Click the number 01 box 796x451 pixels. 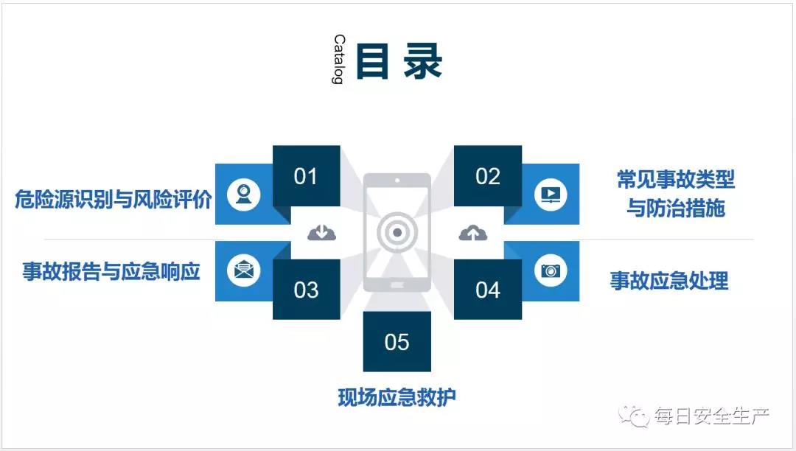click(306, 176)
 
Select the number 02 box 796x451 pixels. click(488, 176)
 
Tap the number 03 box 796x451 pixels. click(306, 289)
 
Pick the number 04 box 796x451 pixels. click(488, 289)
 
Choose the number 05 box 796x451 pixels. click(397, 341)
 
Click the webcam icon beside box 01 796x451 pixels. click(244, 195)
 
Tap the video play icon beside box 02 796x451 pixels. click(551, 195)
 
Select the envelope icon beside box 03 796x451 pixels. click(244, 270)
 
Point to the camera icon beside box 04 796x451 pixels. click(551, 270)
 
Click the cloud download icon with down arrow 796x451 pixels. click(322, 232)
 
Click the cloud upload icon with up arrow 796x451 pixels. click(472, 232)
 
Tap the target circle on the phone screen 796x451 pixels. click(397, 232)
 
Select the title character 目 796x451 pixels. click(373, 61)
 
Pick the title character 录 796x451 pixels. click(423, 61)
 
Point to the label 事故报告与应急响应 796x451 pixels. click(111, 271)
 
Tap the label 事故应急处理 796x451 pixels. click(669, 280)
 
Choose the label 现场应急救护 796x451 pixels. click(397, 396)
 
